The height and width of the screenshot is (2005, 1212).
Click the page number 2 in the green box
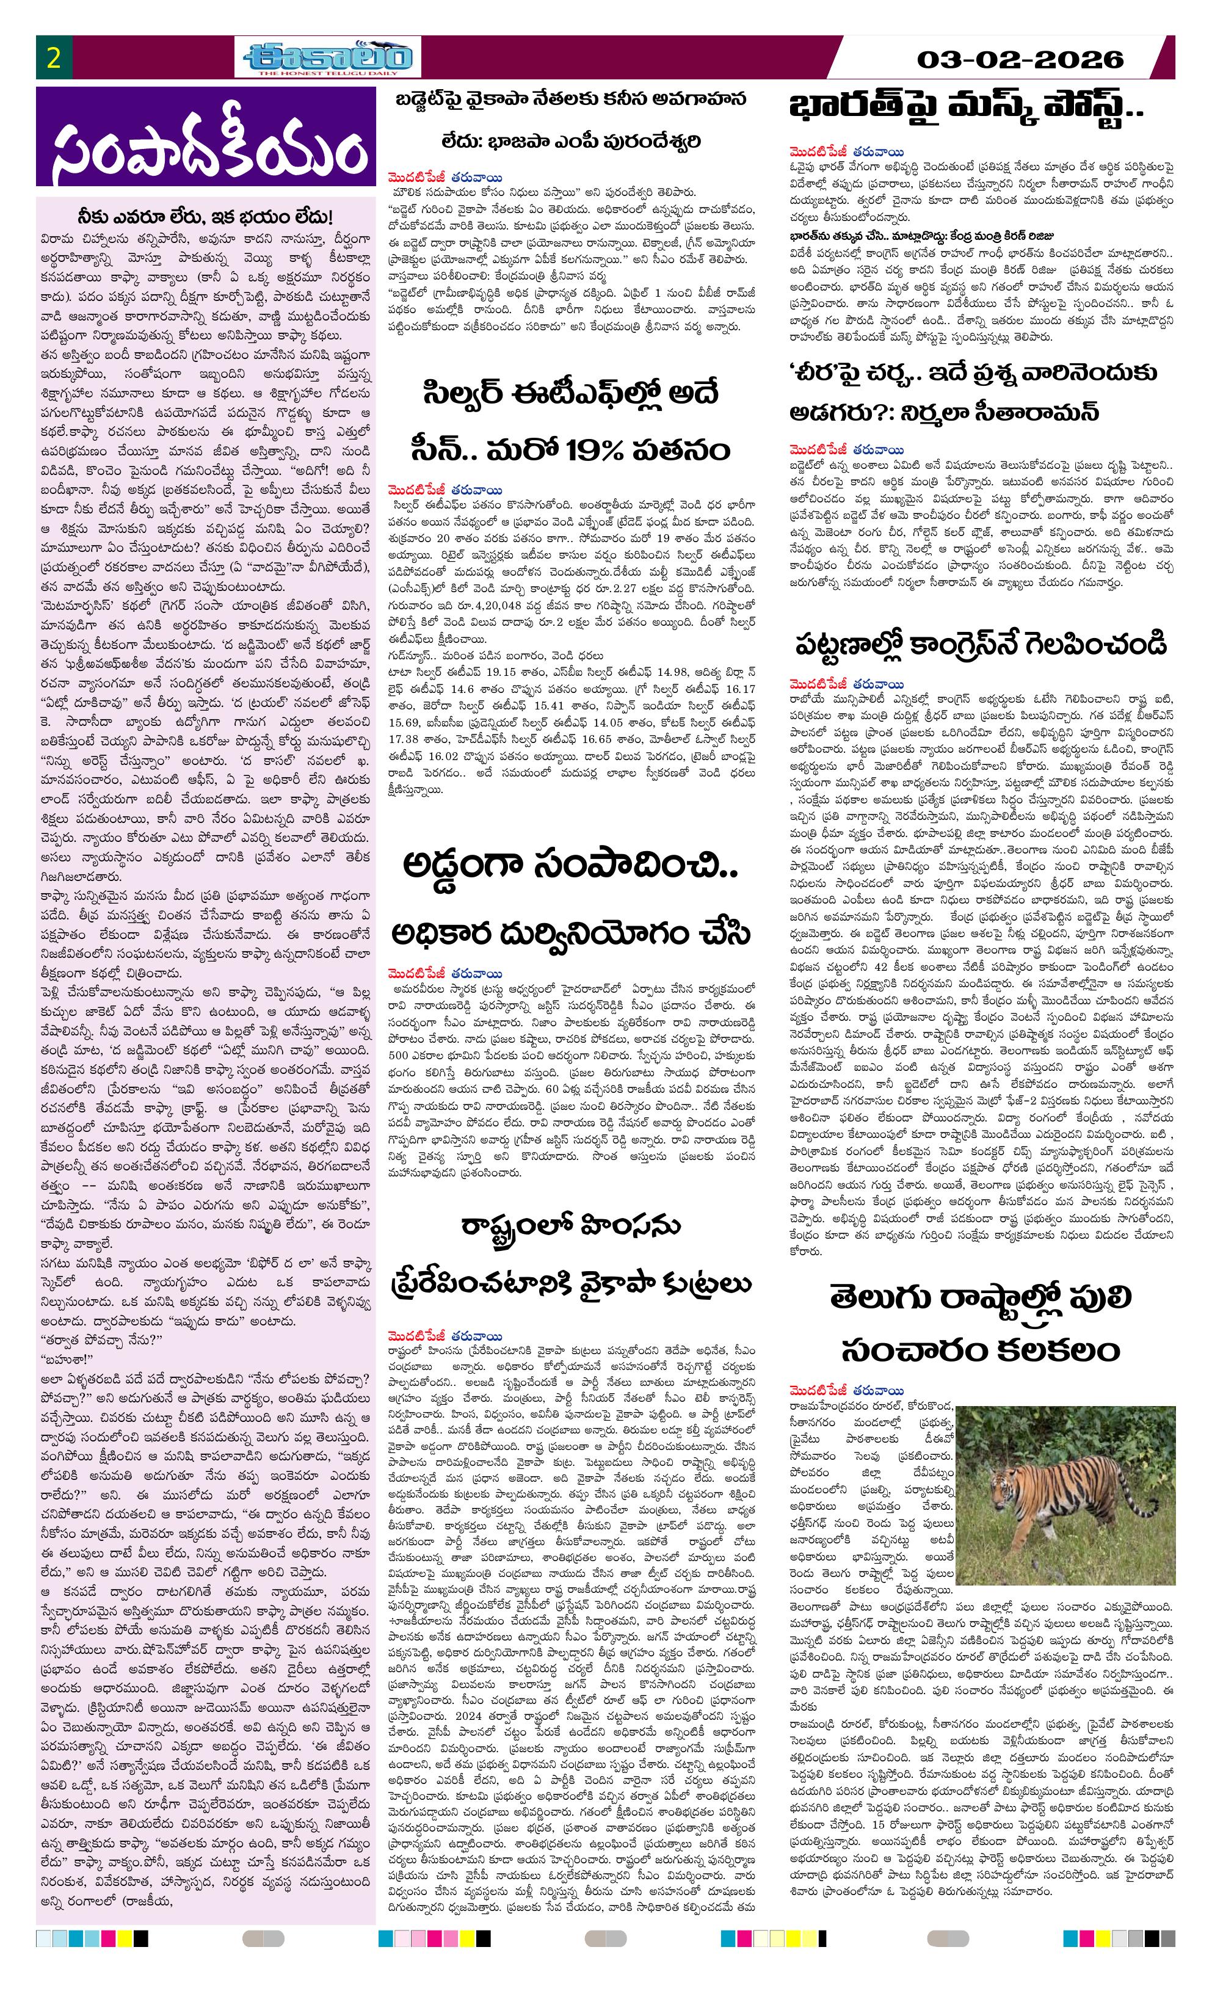(x=54, y=59)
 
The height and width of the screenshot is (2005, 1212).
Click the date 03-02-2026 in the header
(x=1019, y=59)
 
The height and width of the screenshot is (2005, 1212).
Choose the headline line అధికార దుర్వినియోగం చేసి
(x=570, y=934)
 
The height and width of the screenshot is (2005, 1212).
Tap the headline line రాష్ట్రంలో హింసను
(x=569, y=1225)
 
